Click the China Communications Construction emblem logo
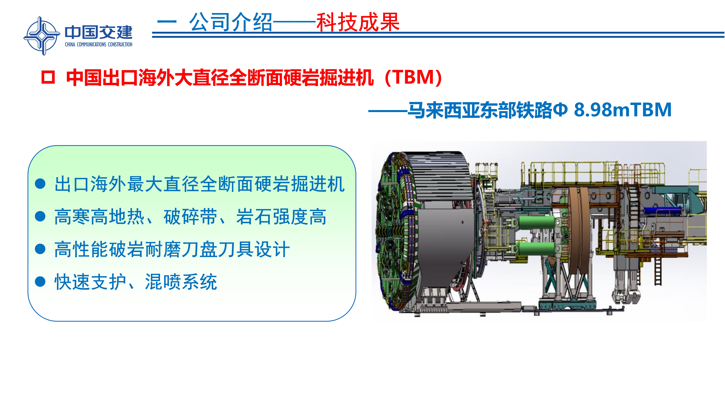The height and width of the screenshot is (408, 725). [x=42, y=36]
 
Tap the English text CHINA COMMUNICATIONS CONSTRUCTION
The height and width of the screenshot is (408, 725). [x=98, y=44]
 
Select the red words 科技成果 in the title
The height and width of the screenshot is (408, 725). [x=358, y=22]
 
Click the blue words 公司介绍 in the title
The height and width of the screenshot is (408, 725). [x=231, y=22]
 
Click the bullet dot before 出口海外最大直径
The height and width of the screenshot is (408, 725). [x=40, y=184]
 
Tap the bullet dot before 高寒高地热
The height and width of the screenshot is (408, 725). [x=40, y=217]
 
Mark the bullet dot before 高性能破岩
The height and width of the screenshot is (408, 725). [x=40, y=249]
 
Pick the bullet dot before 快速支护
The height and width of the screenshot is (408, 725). [x=40, y=282]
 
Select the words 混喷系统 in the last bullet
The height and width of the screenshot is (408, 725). [x=181, y=282]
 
